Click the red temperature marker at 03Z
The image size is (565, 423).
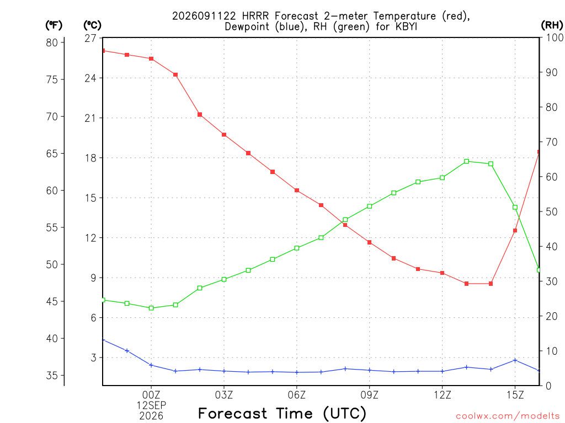(224, 135)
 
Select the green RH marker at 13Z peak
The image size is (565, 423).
(466, 161)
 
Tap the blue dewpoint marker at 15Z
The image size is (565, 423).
(515, 360)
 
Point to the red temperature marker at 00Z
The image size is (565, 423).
(151, 58)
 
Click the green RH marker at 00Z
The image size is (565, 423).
(151, 308)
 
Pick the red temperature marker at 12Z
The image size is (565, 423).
(442, 273)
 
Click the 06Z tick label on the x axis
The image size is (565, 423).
(296, 395)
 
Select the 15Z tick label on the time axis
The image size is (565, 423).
(515, 395)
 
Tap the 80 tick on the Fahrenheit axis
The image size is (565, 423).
(52, 42)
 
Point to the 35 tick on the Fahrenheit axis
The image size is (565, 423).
(52, 376)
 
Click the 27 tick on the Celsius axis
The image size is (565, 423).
(90, 38)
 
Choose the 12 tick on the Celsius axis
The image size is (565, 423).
(90, 238)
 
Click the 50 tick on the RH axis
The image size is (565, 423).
(552, 211)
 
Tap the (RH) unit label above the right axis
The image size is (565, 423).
(552, 25)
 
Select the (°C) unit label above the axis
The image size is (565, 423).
(93, 25)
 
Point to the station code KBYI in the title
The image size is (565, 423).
(407, 26)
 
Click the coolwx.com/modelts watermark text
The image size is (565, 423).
(508, 416)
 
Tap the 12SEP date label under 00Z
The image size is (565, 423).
(151, 405)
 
